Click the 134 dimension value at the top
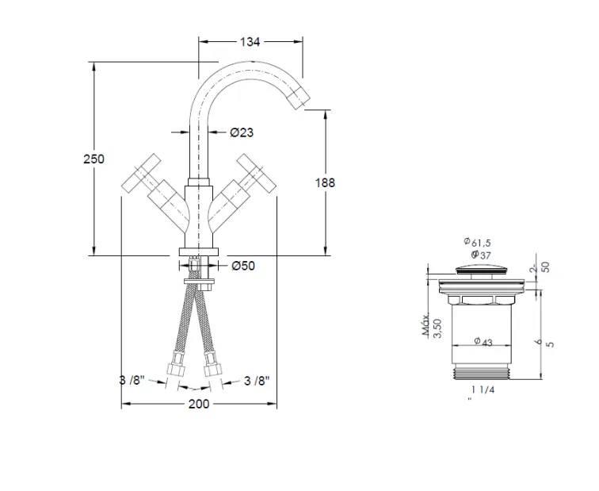pyautogui.click(x=250, y=42)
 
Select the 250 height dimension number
pyautogui.click(x=93, y=159)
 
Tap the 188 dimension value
pyautogui.click(x=325, y=182)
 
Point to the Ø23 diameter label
pyautogui.click(x=242, y=132)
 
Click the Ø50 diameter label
pyautogui.click(x=243, y=266)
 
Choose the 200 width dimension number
pyautogui.click(x=199, y=404)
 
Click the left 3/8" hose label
pyautogui.click(x=132, y=381)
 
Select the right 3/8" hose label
pyautogui.click(x=257, y=381)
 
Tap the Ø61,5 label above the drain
pyautogui.click(x=478, y=242)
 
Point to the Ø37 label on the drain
pyautogui.click(x=481, y=255)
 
